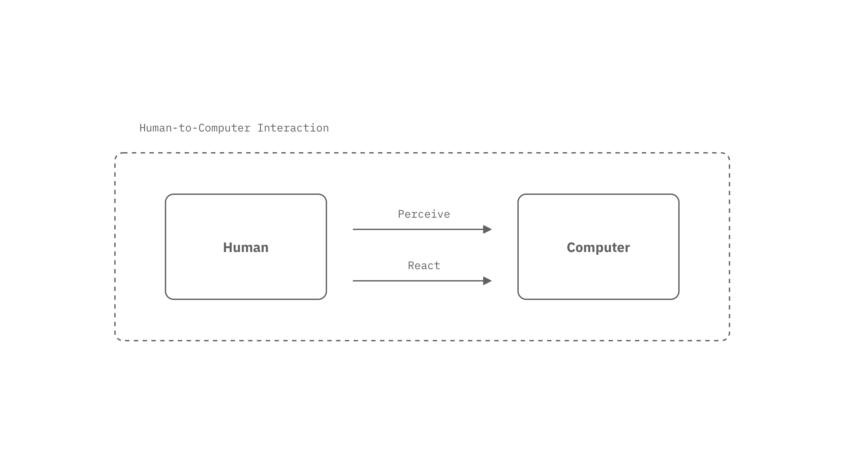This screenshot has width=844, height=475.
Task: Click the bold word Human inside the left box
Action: click(246, 247)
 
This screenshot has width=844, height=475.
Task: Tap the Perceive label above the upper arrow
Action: click(424, 214)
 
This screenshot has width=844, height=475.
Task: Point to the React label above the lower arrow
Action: click(424, 265)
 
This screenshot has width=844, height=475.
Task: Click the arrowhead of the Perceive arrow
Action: click(487, 229)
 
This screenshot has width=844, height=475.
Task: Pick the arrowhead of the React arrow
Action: click(487, 281)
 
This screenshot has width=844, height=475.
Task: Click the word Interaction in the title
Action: click(293, 128)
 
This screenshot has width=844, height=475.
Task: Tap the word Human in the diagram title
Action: click(156, 128)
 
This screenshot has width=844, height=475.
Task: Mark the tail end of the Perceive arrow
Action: click(353, 229)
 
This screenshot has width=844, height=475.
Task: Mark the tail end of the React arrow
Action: click(353, 281)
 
